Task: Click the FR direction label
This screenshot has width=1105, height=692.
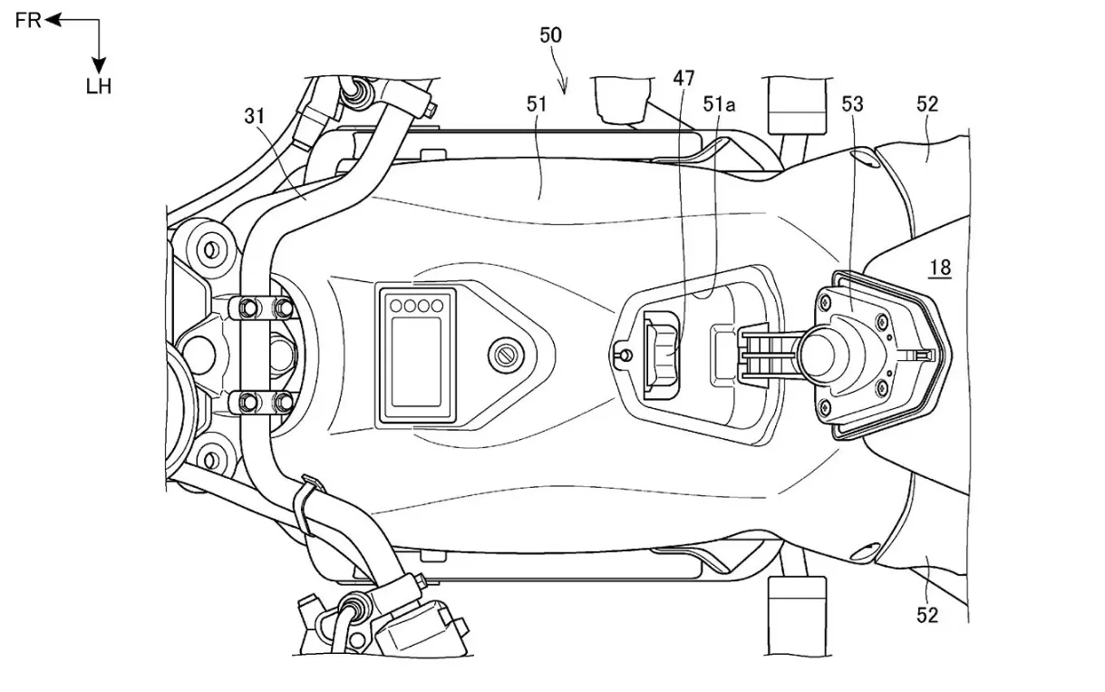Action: pos(28,20)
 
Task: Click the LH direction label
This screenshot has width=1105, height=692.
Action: pos(99,87)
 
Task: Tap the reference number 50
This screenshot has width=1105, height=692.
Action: pos(550,35)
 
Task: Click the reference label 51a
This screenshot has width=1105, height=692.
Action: pos(720,104)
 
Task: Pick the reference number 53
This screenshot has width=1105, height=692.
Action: pos(852,104)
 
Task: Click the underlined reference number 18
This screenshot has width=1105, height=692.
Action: pos(940,267)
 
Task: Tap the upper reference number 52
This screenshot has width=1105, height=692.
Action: pos(926,104)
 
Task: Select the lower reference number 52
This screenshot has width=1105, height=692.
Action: pos(926,615)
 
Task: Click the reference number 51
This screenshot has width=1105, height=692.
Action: pos(538,104)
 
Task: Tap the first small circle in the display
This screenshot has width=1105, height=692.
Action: pos(396,305)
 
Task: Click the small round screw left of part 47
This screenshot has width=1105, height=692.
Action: pos(622,354)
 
